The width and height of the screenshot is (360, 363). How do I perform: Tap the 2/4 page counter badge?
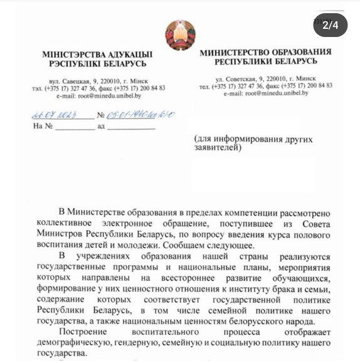click(x=330, y=26)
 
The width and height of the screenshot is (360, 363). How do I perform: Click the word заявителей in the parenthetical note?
click(x=215, y=149)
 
